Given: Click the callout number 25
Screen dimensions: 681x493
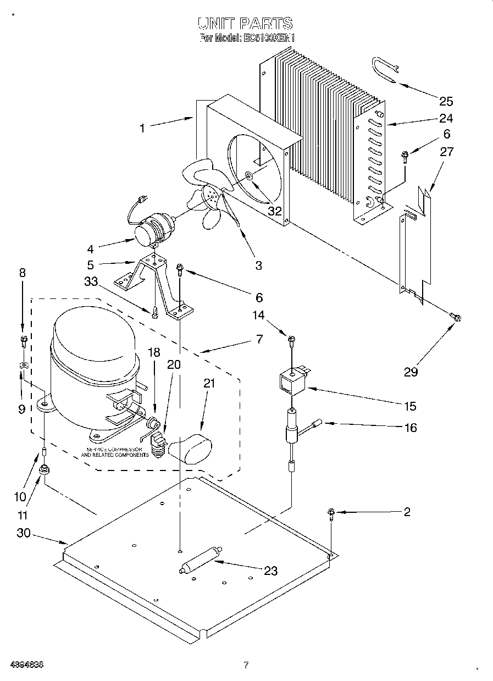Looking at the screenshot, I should click(446, 101).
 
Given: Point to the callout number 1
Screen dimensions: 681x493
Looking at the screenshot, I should click(142, 128).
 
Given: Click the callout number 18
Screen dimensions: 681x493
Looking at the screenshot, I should click(154, 352).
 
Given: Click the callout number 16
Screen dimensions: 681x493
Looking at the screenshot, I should click(410, 427).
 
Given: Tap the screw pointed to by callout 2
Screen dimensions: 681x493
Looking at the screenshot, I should click(331, 513).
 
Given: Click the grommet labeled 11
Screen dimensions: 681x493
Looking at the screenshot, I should click(43, 471).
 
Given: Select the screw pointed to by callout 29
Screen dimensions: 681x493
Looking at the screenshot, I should click(455, 317).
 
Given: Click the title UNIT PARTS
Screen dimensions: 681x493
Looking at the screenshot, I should click(246, 23).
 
